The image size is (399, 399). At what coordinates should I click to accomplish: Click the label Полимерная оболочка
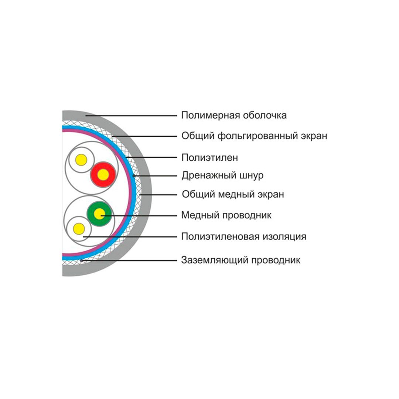coord(233,115)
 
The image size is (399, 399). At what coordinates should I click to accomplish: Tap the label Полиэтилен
coord(209,157)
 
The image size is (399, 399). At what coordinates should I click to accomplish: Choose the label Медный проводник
coord(226,215)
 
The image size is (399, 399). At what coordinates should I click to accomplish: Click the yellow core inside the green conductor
coord(99,214)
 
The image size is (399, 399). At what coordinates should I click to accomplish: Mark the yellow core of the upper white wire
coord(81,160)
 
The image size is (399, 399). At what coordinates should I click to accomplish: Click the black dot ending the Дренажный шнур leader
coord(134,175)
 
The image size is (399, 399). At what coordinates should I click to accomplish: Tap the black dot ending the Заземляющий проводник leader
coord(81,260)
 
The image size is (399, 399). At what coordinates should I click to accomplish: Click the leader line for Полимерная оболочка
coord(133,116)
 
